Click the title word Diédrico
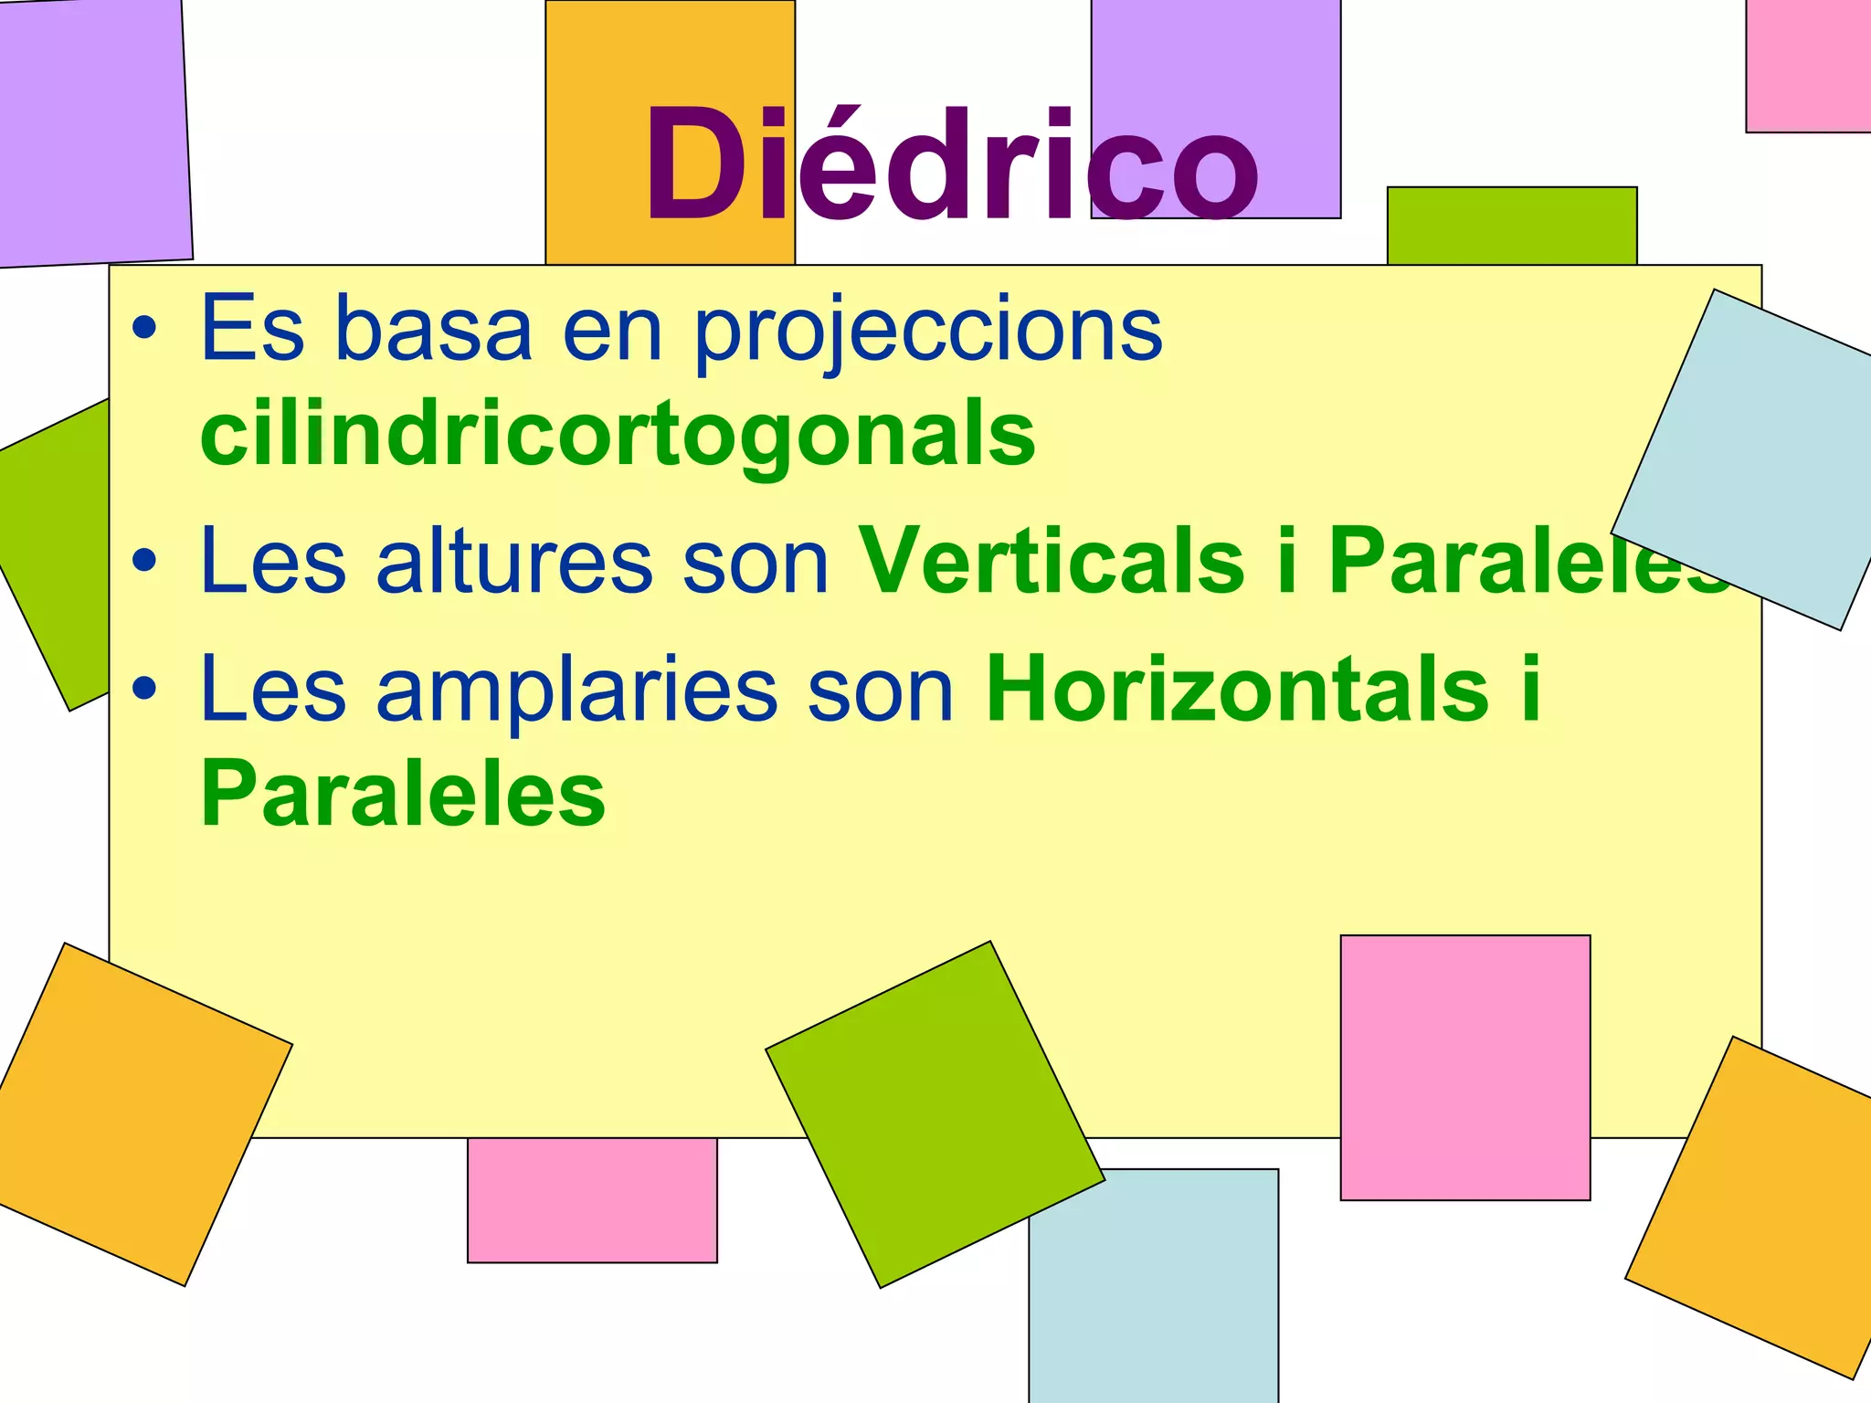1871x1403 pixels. click(951, 164)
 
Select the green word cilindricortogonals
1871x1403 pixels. click(618, 434)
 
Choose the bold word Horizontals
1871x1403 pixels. click(1238, 690)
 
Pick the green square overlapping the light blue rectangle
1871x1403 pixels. click(935, 1114)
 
